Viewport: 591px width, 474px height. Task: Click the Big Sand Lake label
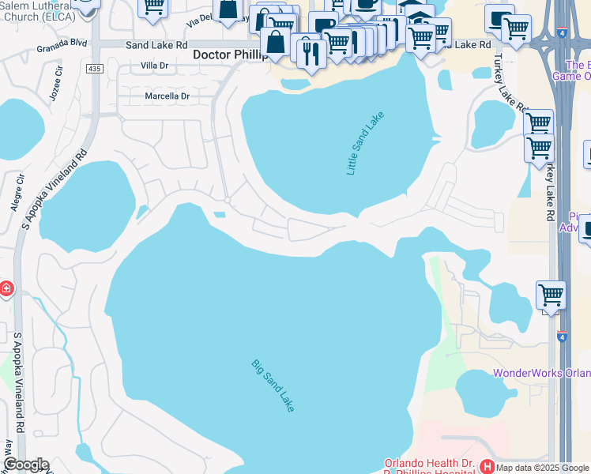pyautogui.click(x=273, y=386)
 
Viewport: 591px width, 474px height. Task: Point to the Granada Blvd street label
pyautogui.click(x=62, y=47)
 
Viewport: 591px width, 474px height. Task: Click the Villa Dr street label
pyautogui.click(x=155, y=66)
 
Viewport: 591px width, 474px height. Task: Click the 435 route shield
pyautogui.click(x=95, y=70)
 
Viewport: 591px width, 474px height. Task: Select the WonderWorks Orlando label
pyautogui.click(x=542, y=373)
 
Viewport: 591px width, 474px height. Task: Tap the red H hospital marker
pyautogui.click(x=487, y=467)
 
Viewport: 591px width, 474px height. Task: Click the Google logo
pyautogui.click(x=26, y=465)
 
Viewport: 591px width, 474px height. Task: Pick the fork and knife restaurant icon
pyautogui.click(x=311, y=52)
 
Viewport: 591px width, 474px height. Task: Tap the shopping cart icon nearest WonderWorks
pyautogui.click(x=551, y=295)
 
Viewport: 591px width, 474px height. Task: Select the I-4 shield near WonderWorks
pyautogui.click(x=562, y=337)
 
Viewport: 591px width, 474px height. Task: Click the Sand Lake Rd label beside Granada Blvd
pyautogui.click(x=156, y=46)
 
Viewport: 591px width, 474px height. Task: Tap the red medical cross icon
pyautogui.click(x=6, y=289)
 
